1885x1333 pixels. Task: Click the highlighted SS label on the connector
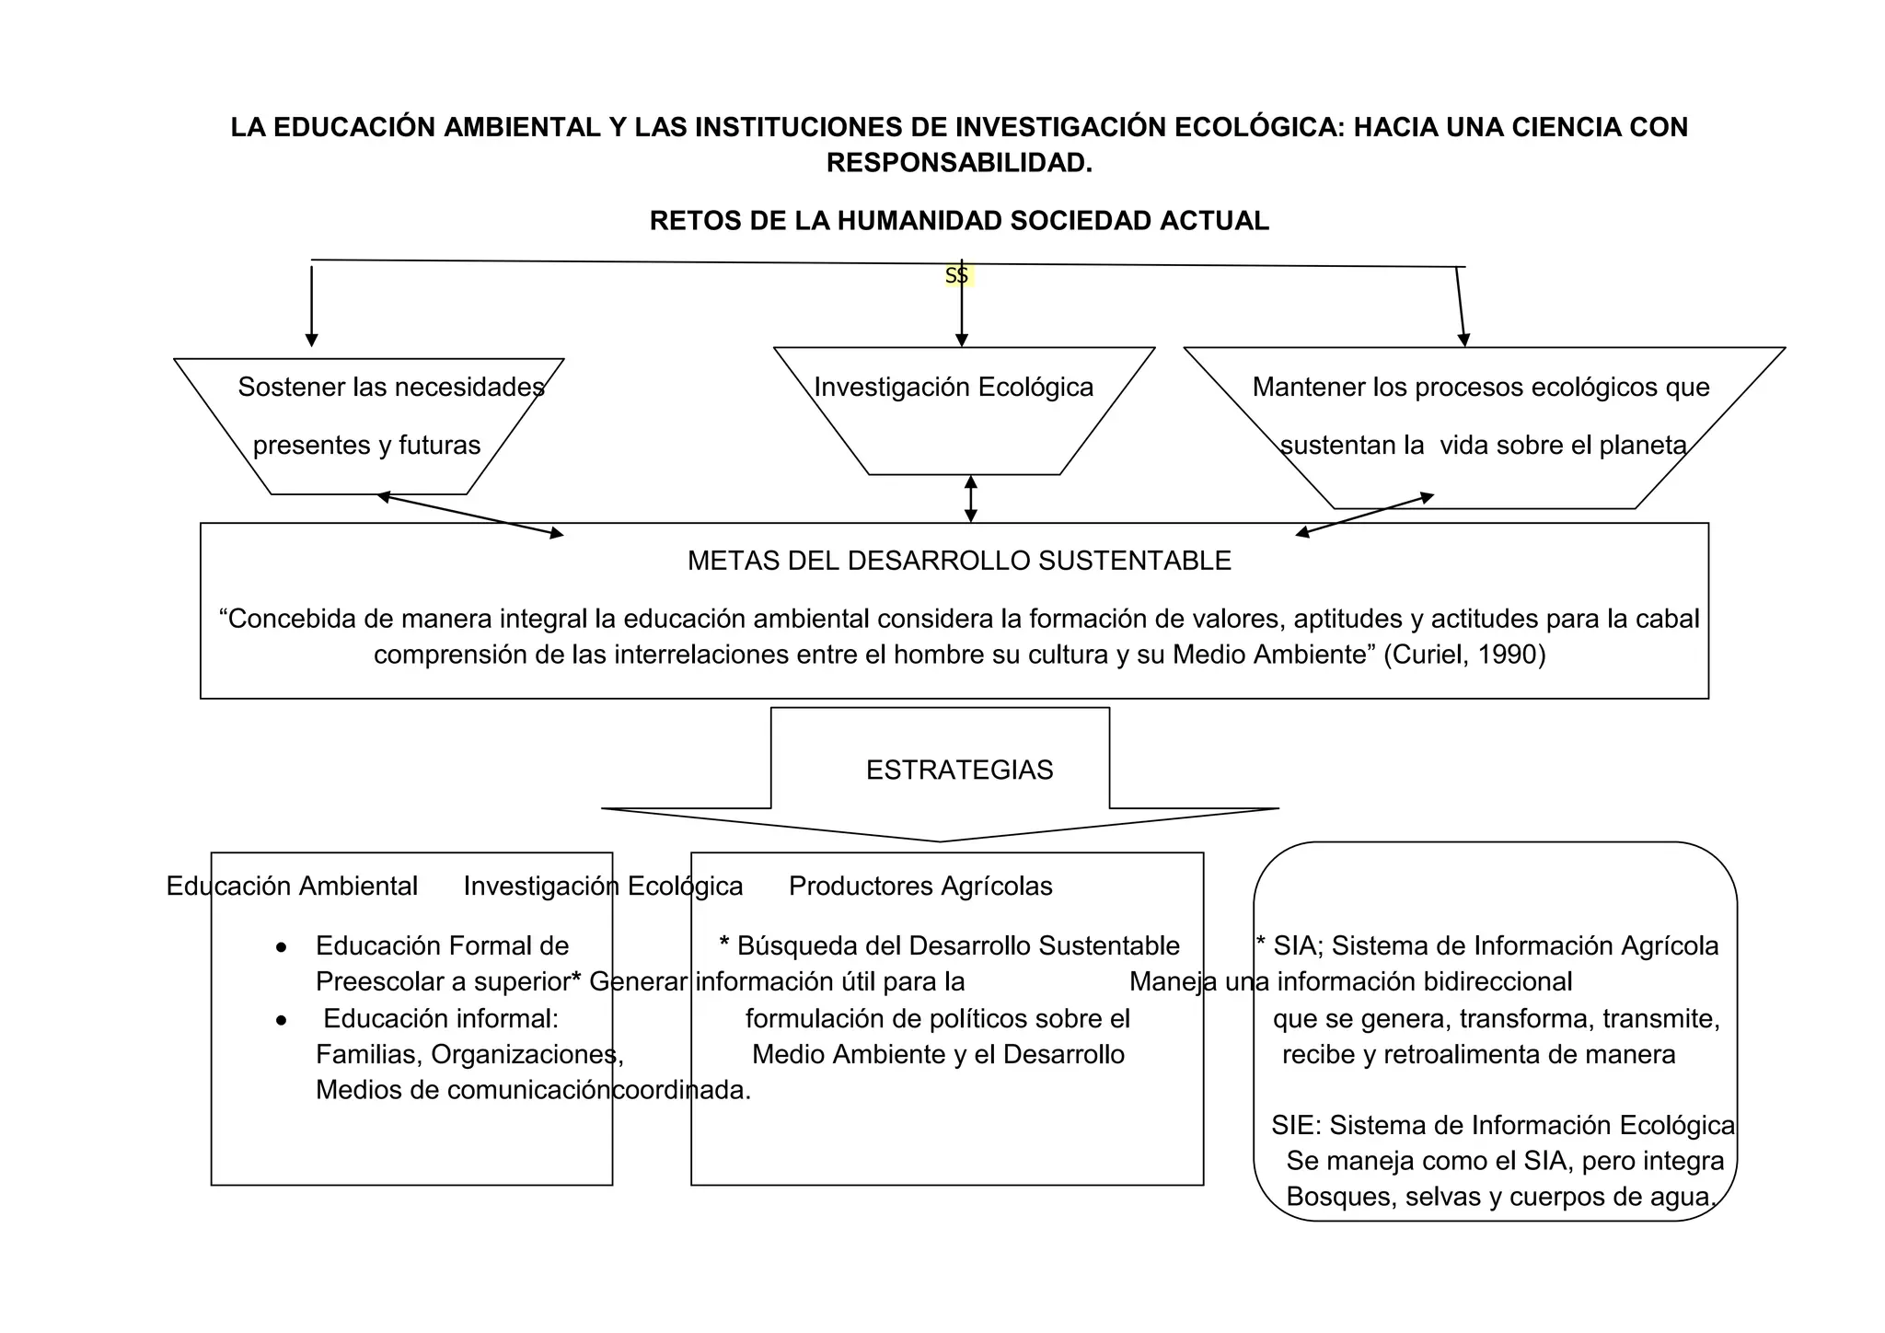pos(957,275)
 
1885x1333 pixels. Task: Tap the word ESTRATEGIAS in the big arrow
pos(959,770)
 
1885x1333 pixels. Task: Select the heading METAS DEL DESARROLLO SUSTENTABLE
pos(959,561)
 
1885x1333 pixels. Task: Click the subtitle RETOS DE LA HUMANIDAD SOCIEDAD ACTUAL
pos(959,221)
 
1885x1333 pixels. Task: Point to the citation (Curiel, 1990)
pos(1464,655)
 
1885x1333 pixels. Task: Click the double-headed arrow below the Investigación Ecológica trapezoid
pos(970,499)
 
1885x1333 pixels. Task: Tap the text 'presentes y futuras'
pos(366,446)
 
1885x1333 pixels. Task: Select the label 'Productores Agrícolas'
pos(920,886)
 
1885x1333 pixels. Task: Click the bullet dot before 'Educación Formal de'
pos(282,947)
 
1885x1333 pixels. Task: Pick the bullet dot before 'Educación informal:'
pos(282,1020)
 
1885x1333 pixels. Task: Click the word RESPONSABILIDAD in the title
pos(959,163)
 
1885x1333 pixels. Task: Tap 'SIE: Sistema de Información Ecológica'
pos(1502,1125)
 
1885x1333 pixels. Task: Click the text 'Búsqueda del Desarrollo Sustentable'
pos(957,945)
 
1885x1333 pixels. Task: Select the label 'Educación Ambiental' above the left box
pos(292,886)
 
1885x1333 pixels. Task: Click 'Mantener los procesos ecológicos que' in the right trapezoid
pos(1480,387)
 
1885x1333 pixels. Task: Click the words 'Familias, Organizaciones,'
pos(469,1054)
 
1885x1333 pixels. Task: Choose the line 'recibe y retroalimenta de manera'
pos(1478,1054)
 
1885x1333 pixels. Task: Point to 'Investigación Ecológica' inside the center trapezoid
pos(954,387)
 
